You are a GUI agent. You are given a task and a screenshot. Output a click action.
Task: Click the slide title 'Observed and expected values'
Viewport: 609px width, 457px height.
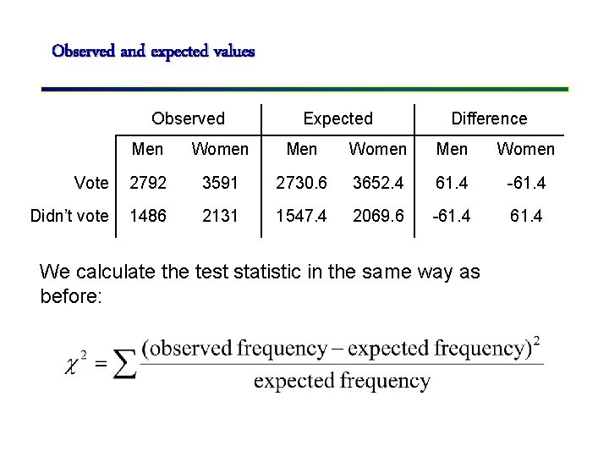[x=153, y=52]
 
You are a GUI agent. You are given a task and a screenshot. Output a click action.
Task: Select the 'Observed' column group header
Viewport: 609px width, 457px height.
[x=188, y=119]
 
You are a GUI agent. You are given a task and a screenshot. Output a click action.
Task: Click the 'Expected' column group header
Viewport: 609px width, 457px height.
[x=337, y=119]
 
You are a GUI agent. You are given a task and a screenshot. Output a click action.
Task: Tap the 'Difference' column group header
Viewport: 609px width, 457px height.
[x=489, y=119]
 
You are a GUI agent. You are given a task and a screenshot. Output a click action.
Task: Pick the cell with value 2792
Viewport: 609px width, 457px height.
[x=147, y=183]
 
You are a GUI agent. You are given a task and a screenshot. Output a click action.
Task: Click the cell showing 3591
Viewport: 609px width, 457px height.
[x=220, y=183]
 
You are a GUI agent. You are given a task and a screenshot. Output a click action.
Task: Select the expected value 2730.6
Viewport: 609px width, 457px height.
[x=301, y=183]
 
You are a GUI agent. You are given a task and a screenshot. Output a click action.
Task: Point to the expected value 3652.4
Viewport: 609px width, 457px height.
[x=378, y=183]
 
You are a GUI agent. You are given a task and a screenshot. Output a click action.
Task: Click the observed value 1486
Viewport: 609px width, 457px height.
[x=147, y=216]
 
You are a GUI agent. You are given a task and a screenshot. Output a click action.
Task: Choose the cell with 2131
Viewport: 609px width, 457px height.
[x=220, y=216]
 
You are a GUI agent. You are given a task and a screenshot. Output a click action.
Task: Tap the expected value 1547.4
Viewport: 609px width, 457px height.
[x=301, y=216]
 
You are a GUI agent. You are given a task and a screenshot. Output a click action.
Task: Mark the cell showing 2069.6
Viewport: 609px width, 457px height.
[x=378, y=216]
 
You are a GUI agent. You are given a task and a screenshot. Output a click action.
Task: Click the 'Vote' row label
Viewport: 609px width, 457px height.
[x=91, y=183]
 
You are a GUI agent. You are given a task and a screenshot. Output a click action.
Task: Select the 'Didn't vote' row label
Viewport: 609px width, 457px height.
[x=69, y=216]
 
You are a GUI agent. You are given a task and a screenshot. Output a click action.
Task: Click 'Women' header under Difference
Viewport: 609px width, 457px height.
[x=525, y=150]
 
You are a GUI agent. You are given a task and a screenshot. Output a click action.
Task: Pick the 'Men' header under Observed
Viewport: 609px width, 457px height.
[x=147, y=150]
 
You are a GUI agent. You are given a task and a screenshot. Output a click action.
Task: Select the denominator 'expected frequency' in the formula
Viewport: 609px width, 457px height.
[x=342, y=382]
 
